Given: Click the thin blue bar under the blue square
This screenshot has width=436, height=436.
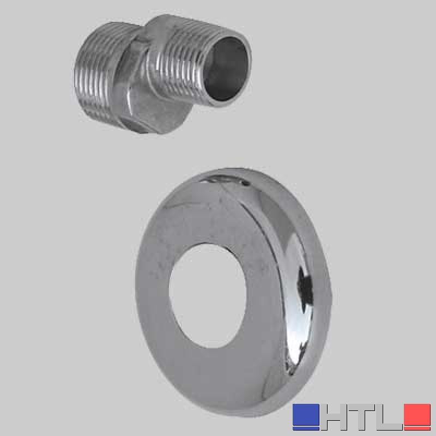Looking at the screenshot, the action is click(306, 428).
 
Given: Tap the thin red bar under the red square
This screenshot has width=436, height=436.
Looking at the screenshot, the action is click(417, 428).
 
